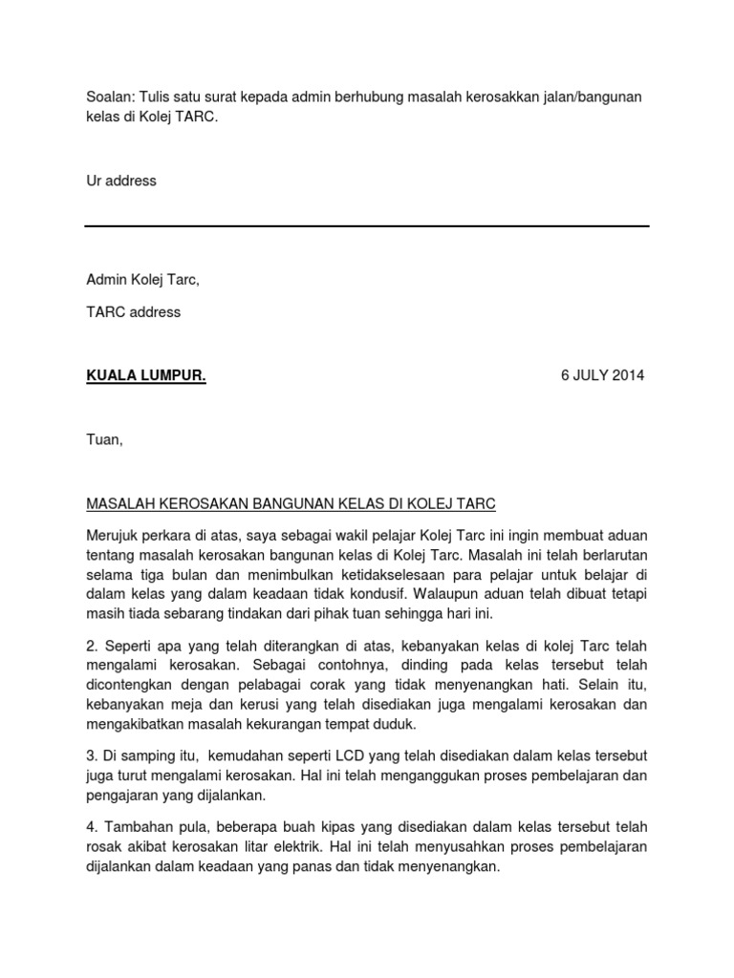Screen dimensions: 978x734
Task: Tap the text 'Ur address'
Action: click(120, 181)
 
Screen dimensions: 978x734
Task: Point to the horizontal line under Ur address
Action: click(367, 226)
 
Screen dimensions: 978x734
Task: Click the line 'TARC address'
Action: click(133, 312)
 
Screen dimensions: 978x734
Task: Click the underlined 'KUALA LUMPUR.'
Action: click(146, 375)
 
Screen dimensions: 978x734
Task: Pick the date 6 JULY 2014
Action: click(602, 375)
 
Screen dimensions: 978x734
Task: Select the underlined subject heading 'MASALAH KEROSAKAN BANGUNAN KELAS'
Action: click(291, 503)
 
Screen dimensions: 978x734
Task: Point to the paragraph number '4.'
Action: click(92, 825)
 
